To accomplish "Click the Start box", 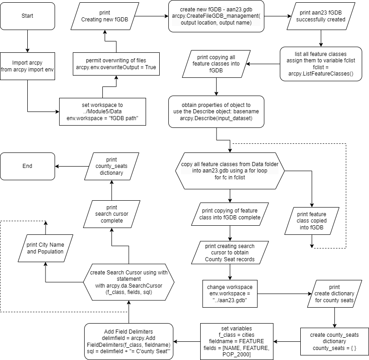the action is point(28,16).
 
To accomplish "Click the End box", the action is point(28,166).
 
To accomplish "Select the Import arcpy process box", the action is point(28,66).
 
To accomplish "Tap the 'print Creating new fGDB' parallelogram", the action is point(105,16).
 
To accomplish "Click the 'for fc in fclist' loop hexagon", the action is point(230,171).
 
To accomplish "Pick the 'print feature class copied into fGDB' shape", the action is point(312,221).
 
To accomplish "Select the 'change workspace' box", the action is point(230,294).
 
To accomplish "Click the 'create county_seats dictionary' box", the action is point(334,341).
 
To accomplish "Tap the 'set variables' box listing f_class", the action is point(237,341).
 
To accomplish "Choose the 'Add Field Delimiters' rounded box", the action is point(129,341).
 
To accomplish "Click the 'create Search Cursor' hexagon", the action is point(129,282).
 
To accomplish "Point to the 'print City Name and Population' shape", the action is point(45,248).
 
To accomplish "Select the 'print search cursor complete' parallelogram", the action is point(112,214).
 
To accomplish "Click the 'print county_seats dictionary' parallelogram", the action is point(112,166).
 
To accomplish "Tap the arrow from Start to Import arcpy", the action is point(28,41).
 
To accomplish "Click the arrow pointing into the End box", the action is point(72,166).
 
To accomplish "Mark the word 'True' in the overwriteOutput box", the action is point(151,67).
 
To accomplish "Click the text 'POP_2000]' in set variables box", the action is point(237,355).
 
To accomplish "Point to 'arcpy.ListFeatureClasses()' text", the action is point(321,74).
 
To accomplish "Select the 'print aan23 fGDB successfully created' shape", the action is point(321,16).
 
